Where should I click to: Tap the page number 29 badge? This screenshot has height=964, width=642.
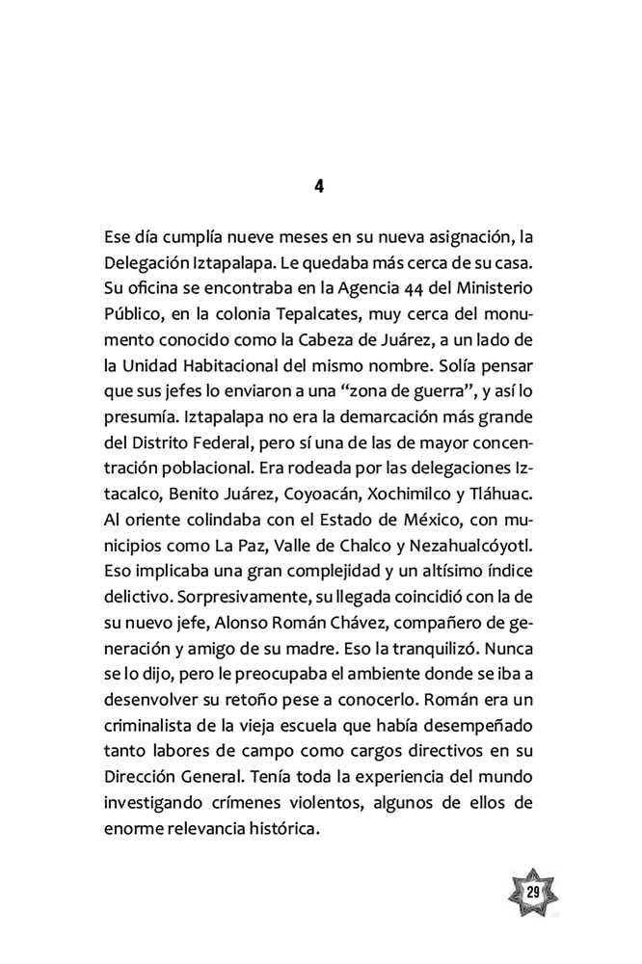click(x=532, y=890)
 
